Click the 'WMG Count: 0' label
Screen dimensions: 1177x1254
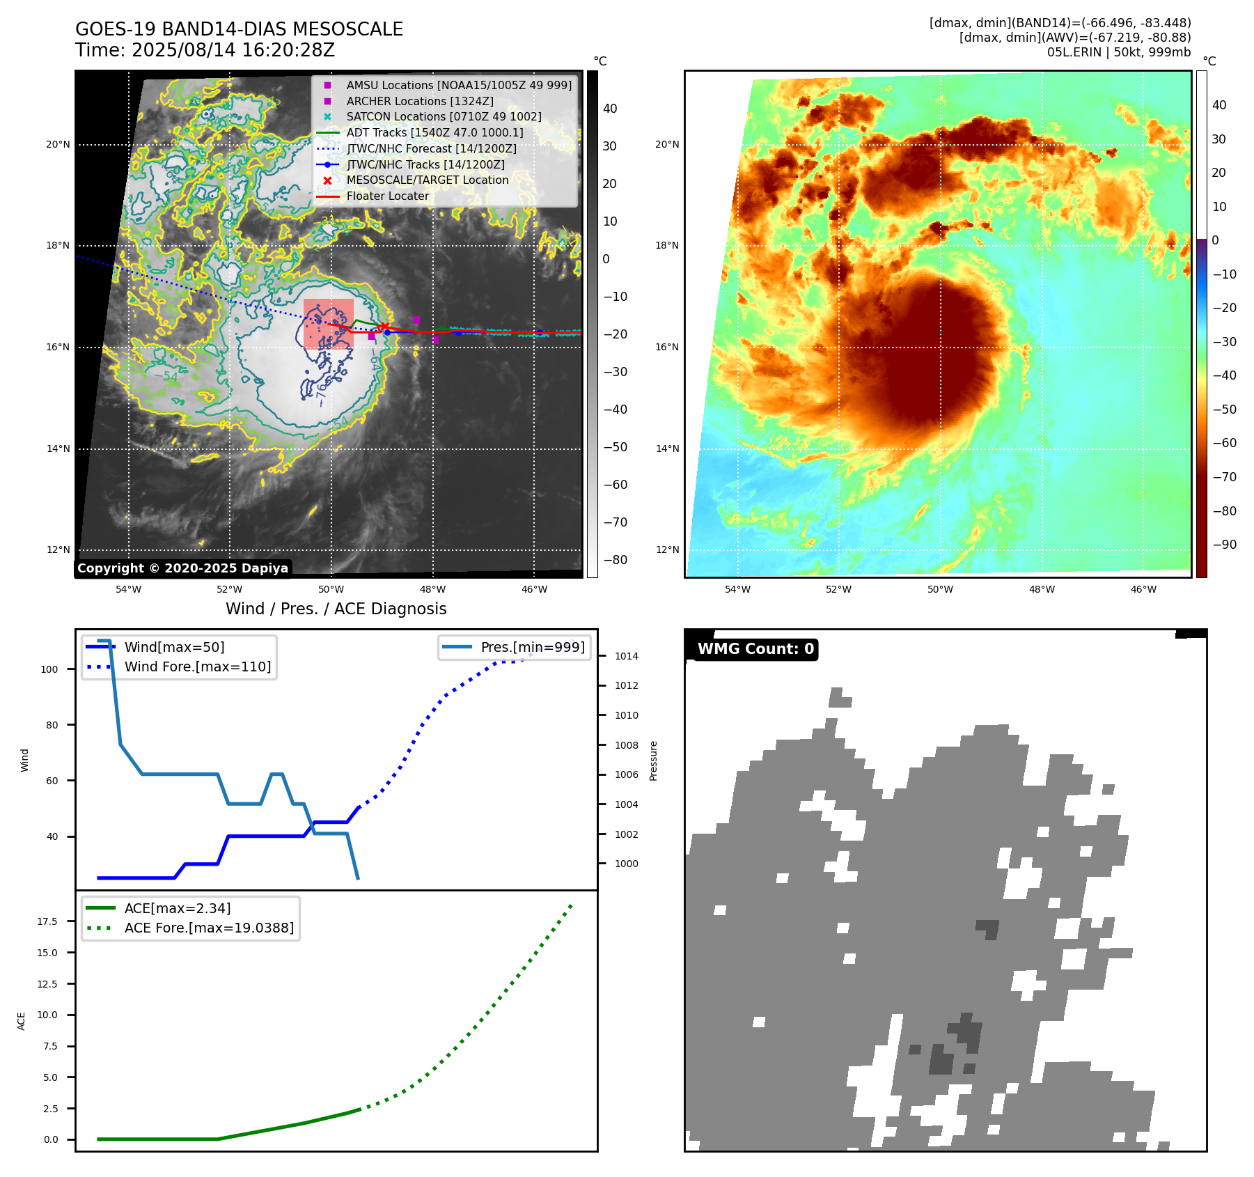pos(755,649)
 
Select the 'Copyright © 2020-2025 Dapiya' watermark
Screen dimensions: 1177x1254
pos(182,568)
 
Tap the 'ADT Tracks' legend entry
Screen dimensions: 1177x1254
pos(434,132)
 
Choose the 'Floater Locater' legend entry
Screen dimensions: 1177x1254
pos(387,196)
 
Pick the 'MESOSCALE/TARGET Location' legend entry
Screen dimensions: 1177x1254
pos(427,180)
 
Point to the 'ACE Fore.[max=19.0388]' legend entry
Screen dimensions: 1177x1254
pos(209,928)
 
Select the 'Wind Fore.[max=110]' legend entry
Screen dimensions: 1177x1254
pos(198,667)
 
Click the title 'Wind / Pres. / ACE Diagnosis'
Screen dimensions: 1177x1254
pos(336,609)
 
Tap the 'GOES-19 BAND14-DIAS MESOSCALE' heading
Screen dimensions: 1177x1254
pos(239,29)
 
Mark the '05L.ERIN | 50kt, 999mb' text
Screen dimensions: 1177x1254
pos(1119,52)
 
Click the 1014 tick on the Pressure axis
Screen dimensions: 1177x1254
pos(626,656)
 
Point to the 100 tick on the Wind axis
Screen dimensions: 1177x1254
pos(49,669)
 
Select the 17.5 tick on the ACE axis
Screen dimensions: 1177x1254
pos(47,921)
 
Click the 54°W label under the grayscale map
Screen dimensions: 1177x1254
pos(129,589)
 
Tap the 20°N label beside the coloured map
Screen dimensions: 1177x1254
pos(667,145)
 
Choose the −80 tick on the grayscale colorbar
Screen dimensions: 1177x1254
pos(615,560)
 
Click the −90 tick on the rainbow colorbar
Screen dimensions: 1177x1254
pos(1224,545)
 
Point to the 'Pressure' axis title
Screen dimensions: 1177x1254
pos(653,761)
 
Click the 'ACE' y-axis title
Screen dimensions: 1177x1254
pos(22,1021)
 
